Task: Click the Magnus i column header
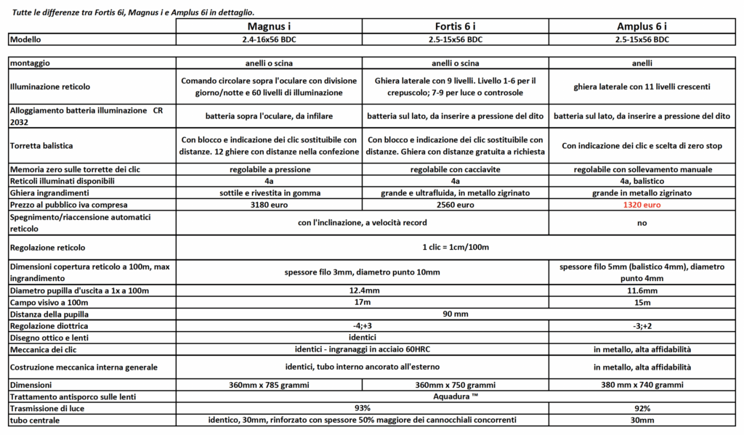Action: click(270, 26)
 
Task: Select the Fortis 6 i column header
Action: click(456, 26)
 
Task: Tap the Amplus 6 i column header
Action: click(642, 26)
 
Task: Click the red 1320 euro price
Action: click(642, 206)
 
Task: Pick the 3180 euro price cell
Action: click(270, 206)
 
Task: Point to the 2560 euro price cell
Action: click(456, 206)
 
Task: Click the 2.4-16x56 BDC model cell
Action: click(270, 39)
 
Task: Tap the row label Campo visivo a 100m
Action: click(48, 301)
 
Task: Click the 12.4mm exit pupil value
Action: click(362, 290)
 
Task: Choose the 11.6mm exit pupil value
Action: click(642, 290)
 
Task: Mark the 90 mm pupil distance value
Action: click(456, 314)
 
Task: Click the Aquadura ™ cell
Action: click(456, 396)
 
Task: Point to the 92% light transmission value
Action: click(642, 408)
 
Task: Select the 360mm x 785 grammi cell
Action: click(270, 384)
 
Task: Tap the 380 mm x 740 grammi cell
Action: click(642, 384)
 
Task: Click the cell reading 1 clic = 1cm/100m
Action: click(456, 247)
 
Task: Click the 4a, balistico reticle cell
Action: click(642, 181)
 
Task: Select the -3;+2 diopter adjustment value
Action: click(642, 326)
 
